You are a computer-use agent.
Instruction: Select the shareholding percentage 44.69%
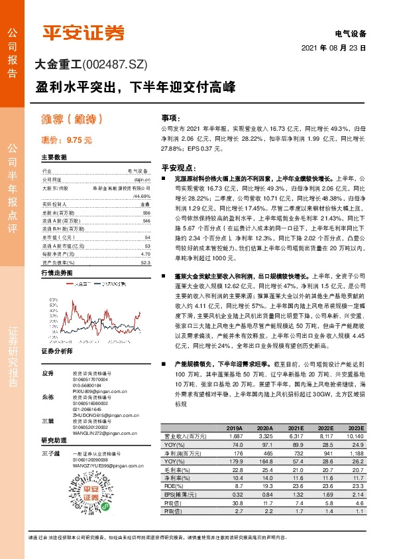pyautogui.click(x=142, y=197)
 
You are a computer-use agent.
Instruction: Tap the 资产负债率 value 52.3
pyautogui.click(x=145, y=244)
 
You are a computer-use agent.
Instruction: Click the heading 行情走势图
pyautogui.click(x=55, y=254)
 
